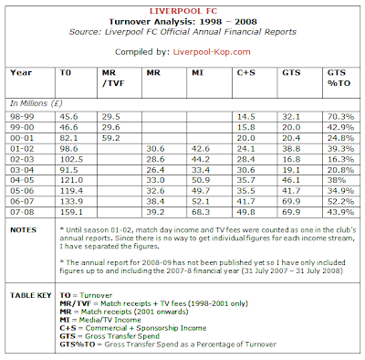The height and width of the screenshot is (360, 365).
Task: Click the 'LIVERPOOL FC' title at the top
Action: click(182, 8)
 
